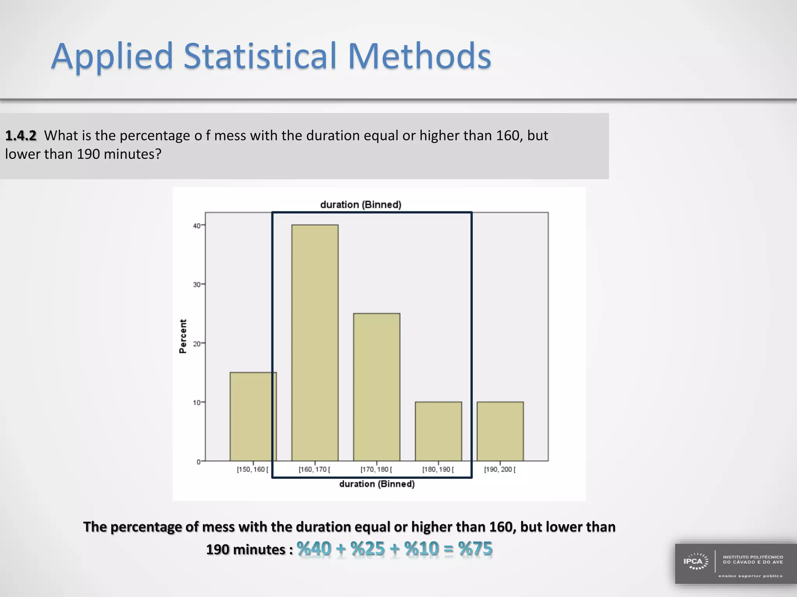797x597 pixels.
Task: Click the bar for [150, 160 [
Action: coord(253,416)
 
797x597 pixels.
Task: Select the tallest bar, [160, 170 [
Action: coord(315,342)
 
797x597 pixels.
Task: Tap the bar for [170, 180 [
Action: coord(376,387)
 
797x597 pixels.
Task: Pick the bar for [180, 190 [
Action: coord(438,431)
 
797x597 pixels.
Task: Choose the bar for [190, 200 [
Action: coord(500,431)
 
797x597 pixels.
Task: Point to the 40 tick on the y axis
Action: coord(197,226)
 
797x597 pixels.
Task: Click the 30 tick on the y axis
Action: coord(197,285)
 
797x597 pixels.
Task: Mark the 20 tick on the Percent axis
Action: coord(197,344)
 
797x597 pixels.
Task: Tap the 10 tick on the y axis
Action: coord(197,403)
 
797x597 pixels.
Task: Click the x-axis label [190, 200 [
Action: coord(500,470)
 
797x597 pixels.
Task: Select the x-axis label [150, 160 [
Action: coord(253,470)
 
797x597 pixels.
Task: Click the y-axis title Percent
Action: coord(183,336)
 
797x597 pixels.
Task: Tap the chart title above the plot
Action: coord(360,205)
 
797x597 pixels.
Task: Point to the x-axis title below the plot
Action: coord(377,484)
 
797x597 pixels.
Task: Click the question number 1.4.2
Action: coord(21,136)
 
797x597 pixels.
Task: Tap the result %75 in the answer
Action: coord(475,548)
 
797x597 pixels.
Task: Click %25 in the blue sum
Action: coord(367,548)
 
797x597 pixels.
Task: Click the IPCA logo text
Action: coord(693,562)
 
